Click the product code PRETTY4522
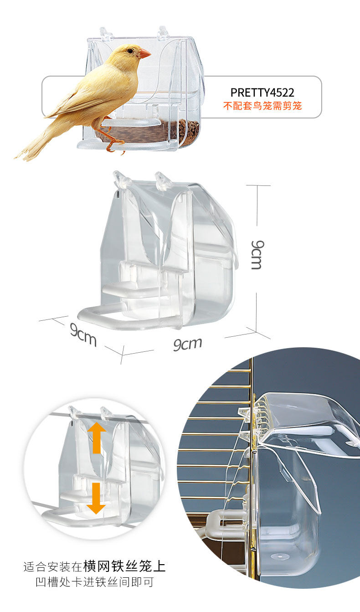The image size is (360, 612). [262, 93]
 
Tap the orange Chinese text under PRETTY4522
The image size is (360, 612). [262, 107]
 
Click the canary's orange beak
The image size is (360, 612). [144, 54]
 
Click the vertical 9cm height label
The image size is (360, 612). [256, 255]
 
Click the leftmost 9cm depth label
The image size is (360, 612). [83, 335]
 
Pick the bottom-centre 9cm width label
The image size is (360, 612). [187, 344]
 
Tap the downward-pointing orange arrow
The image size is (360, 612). [96, 498]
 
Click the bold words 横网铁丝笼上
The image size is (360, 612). [124, 566]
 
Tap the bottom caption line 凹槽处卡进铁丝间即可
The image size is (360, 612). [95, 582]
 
